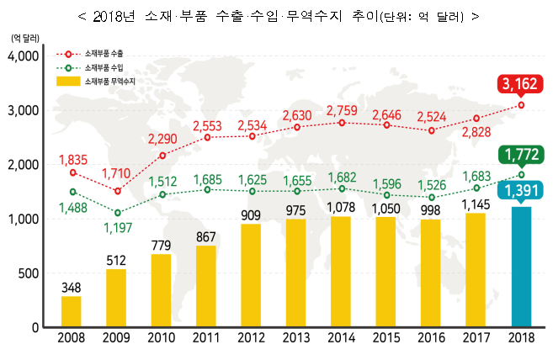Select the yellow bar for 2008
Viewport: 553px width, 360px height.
click(72, 310)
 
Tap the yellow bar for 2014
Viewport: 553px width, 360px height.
click(341, 271)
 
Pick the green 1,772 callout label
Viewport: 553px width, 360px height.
click(520, 154)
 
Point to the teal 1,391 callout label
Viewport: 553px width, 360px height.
click(520, 191)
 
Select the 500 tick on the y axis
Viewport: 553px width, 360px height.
click(29, 273)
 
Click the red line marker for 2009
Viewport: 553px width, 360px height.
click(117, 191)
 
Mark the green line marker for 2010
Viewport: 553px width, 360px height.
click(162, 194)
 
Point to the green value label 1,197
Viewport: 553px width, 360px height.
click(117, 227)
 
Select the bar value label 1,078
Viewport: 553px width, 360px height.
click(341, 206)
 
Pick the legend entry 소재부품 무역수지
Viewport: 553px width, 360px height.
click(109, 81)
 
